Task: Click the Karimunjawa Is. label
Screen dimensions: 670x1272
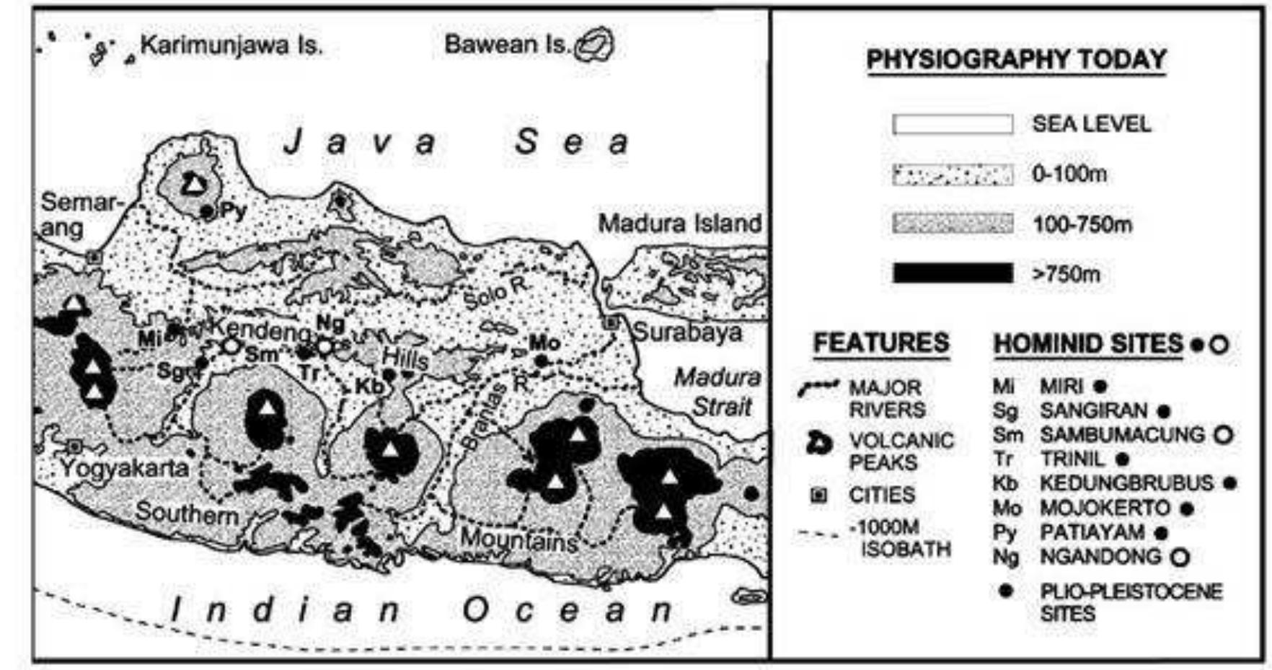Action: [231, 46]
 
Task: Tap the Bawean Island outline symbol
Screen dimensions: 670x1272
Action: [595, 45]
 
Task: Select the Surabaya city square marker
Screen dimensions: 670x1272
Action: [612, 323]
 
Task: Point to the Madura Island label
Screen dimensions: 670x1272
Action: [679, 224]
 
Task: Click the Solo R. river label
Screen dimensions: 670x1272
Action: [495, 292]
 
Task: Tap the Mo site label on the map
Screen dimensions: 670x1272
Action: [544, 342]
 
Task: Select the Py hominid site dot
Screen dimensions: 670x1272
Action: [208, 212]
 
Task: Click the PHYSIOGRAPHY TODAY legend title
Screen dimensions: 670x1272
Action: [1016, 60]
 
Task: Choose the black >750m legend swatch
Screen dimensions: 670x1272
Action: [953, 273]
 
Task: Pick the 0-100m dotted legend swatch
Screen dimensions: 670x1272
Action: [953, 175]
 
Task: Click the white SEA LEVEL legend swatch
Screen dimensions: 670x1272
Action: [953, 125]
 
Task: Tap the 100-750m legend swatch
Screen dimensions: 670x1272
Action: [953, 224]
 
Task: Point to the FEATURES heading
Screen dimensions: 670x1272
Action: [881, 343]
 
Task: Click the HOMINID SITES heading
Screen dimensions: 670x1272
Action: [1088, 344]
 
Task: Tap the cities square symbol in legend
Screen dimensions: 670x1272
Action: [820, 495]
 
